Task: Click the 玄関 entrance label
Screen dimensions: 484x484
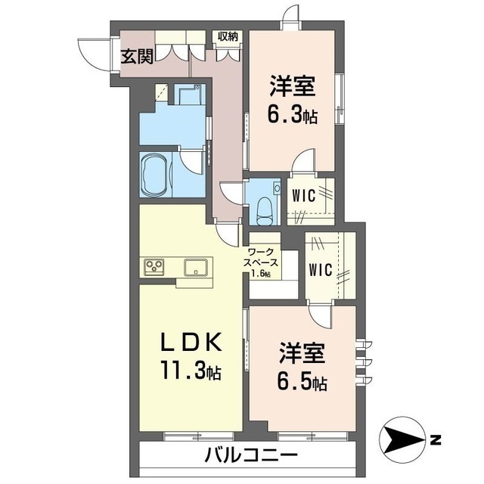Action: pyautogui.click(x=135, y=55)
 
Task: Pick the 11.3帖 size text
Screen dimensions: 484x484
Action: pyautogui.click(x=191, y=371)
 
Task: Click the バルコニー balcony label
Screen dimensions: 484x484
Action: pyautogui.click(x=250, y=455)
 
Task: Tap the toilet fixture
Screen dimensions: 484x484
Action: pyautogui.click(x=263, y=205)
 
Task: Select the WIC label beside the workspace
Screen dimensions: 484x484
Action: pyautogui.click(x=320, y=270)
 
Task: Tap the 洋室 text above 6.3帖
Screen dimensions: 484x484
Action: pyautogui.click(x=291, y=85)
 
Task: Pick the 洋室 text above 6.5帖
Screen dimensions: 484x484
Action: pyautogui.click(x=301, y=353)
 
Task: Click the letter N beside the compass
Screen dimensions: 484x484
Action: pyautogui.click(x=436, y=439)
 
